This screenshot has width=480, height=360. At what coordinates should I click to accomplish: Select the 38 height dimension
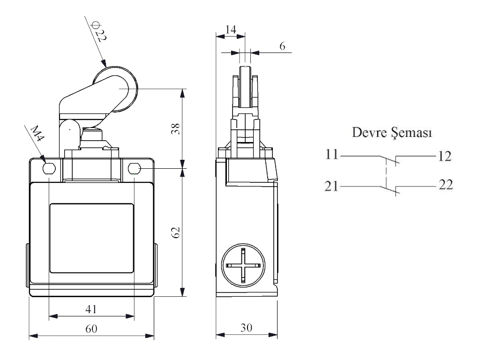pos(174,128)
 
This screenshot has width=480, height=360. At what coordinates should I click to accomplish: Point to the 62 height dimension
pos(174,232)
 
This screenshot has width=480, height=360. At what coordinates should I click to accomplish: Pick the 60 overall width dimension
pos(91,329)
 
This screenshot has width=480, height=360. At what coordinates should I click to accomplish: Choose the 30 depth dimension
pos(246,328)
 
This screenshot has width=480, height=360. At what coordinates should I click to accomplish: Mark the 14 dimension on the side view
pos(230,29)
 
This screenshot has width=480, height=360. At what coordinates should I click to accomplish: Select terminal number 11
pos(333,155)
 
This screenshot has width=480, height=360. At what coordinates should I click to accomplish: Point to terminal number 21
pos(333,187)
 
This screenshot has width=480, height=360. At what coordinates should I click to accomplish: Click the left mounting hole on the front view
pos(49,168)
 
